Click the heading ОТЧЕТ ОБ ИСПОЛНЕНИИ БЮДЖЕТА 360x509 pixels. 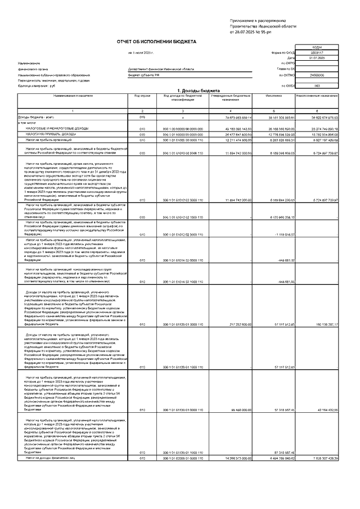156,42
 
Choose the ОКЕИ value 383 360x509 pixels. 316,85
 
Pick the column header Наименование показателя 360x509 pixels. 73,96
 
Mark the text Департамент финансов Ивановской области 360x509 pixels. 161,69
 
